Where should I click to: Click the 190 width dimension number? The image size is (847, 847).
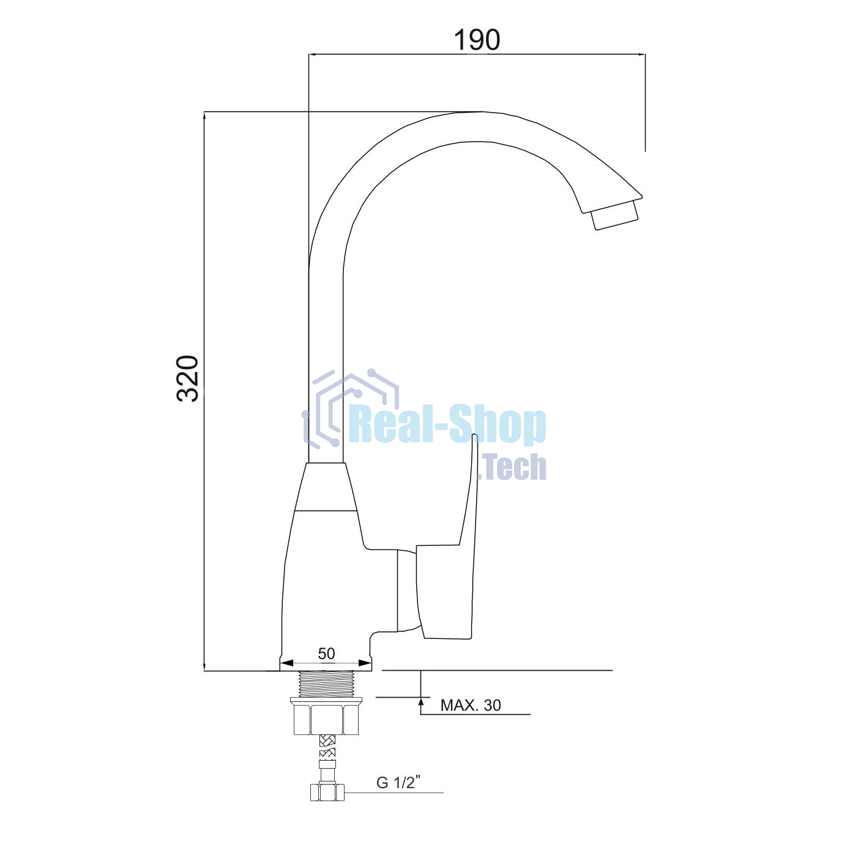(x=477, y=40)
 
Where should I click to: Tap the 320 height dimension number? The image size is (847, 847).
(x=188, y=378)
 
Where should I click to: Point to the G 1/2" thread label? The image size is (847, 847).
(x=398, y=782)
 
